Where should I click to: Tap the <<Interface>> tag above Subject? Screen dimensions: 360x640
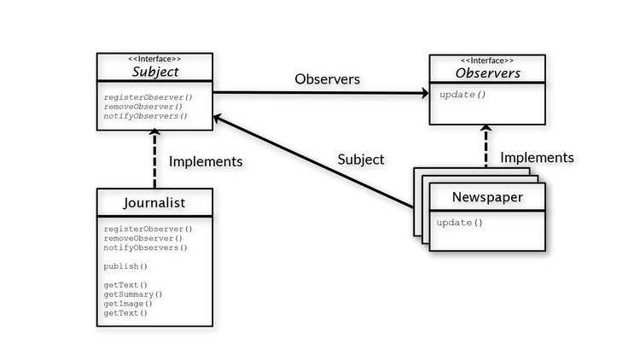click(x=154, y=58)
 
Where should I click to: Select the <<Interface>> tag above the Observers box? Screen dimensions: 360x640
click(x=486, y=61)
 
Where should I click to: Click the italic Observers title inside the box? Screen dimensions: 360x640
click(x=486, y=73)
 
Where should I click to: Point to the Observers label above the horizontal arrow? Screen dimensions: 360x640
click(x=327, y=79)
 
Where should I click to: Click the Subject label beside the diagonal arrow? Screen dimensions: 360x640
click(x=360, y=159)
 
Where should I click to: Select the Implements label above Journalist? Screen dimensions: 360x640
click(x=206, y=160)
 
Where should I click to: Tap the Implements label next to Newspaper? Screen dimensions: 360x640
click(x=537, y=157)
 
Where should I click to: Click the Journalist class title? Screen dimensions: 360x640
click(x=154, y=202)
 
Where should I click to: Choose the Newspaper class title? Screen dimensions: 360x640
click(x=487, y=198)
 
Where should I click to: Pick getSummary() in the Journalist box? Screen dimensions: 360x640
click(x=133, y=294)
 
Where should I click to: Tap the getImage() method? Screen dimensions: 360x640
click(x=128, y=303)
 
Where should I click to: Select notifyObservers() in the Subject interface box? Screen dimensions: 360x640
click(x=145, y=115)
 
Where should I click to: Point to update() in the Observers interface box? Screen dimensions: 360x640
click(x=463, y=94)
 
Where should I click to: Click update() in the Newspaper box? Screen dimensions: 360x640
click(x=460, y=223)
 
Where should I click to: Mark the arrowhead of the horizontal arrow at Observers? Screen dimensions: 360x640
click(x=423, y=95)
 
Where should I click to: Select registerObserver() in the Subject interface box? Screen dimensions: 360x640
click(x=148, y=96)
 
